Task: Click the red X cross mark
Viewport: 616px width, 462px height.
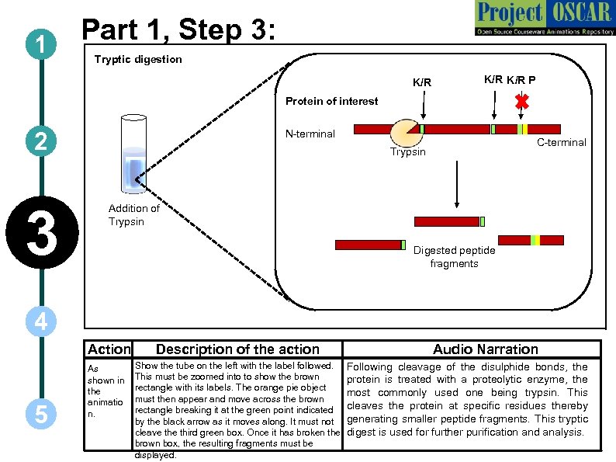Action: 522,102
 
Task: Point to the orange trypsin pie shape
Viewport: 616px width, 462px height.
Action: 405,132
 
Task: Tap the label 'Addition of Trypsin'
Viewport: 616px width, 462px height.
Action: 133,214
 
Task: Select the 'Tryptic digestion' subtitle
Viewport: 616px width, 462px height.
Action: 138,60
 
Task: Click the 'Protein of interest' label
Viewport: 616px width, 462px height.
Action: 331,101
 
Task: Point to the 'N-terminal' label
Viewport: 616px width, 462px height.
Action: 310,134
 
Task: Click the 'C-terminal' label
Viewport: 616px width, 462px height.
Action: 562,142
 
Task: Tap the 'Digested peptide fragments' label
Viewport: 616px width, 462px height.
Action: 454,257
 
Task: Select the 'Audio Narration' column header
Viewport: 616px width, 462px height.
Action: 485,349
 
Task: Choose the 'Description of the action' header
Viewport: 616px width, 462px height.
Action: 237,349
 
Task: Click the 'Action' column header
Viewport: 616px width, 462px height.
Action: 109,349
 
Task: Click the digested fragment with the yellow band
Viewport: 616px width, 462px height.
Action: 535,240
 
